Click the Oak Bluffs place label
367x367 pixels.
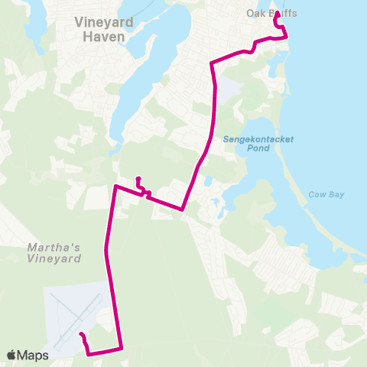271,14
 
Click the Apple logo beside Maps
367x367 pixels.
11,355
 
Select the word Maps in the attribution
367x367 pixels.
34,355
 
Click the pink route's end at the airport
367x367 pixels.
80,335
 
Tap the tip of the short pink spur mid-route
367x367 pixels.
138,180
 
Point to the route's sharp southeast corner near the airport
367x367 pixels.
122,349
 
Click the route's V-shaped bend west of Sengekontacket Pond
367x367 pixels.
183,209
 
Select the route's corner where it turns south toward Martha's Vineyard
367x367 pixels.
115,186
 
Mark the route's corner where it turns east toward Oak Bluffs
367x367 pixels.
212,63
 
